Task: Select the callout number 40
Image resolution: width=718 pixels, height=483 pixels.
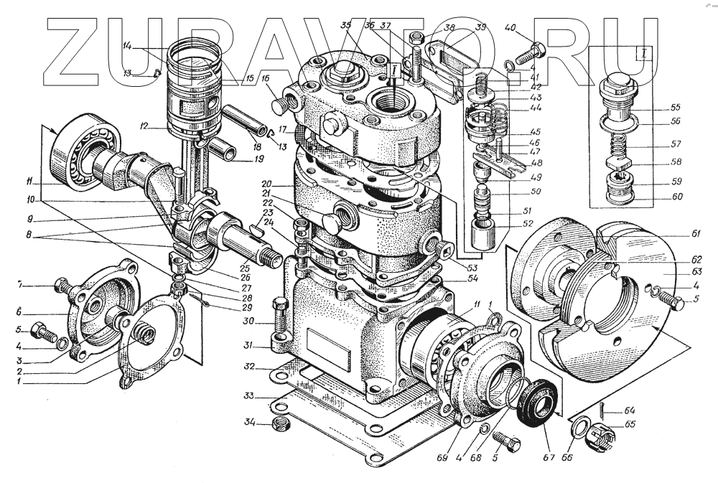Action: [511, 28]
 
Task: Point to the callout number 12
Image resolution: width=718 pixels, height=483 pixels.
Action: [145, 127]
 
